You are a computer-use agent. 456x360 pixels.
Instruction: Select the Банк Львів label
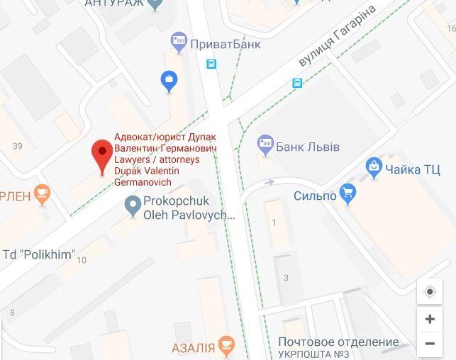[x=308, y=147]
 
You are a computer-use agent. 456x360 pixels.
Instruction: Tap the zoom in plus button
[x=429, y=319]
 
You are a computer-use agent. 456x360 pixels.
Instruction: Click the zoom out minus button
[x=429, y=344]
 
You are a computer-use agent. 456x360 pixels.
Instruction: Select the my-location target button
[x=429, y=292]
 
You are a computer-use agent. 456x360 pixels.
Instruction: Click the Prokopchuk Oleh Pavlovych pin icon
[x=132, y=207]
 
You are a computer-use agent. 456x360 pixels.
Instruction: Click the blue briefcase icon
[x=169, y=81]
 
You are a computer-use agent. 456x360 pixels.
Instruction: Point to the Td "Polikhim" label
[x=39, y=254]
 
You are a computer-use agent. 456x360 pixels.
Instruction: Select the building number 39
[x=18, y=146]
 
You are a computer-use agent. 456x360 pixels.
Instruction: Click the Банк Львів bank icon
[x=265, y=145]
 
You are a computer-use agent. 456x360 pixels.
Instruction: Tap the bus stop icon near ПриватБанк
[x=211, y=64]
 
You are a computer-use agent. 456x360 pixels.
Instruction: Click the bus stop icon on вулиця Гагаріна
[x=297, y=83]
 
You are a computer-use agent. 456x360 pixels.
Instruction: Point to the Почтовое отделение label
[x=338, y=342]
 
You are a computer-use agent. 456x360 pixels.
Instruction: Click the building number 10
[x=82, y=260]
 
